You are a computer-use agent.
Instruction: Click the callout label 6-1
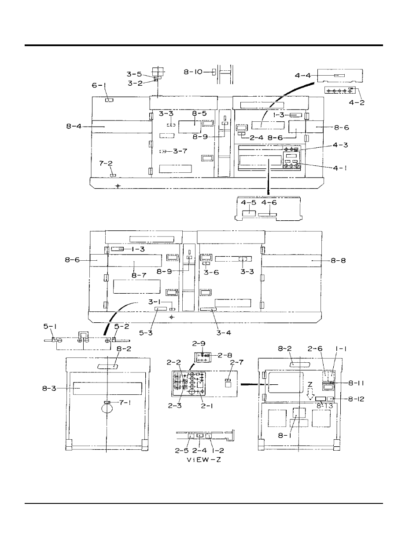click(99, 85)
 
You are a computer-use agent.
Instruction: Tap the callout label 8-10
click(193, 72)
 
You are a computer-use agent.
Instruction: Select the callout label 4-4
click(303, 75)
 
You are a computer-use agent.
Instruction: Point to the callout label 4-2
click(357, 102)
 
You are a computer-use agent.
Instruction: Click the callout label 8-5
click(199, 113)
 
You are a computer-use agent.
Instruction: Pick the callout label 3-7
click(180, 151)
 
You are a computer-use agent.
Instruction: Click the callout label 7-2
click(106, 164)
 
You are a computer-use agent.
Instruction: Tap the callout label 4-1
click(340, 168)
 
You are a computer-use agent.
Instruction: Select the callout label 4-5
click(248, 203)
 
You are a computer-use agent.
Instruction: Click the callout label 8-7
click(139, 276)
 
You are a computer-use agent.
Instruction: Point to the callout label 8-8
click(338, 261)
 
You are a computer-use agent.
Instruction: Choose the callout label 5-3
click(146, 333)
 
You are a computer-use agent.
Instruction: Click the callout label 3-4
click(224, 333)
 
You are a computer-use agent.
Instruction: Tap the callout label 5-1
click(50, 327)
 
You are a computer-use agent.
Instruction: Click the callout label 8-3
click(49, 389)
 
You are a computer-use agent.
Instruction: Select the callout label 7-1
click(125, 403)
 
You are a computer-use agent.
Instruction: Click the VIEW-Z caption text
click(204, 460)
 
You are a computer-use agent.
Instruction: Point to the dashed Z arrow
click(310, 394)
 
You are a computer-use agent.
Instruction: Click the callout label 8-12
click(356, 399)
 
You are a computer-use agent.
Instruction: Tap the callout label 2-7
click(237, 362)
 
